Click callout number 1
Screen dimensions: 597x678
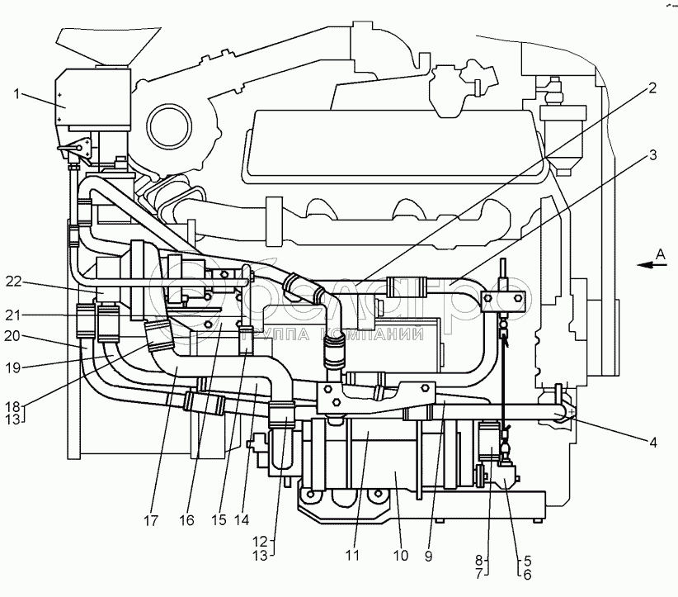(x=16, y=93)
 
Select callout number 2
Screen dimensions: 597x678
(x=652, y=88)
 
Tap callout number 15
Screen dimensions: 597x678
(x=220, y=522)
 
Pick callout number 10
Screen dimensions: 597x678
(x=400, y=556)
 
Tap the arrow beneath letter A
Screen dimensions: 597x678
(x=650, y=266)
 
